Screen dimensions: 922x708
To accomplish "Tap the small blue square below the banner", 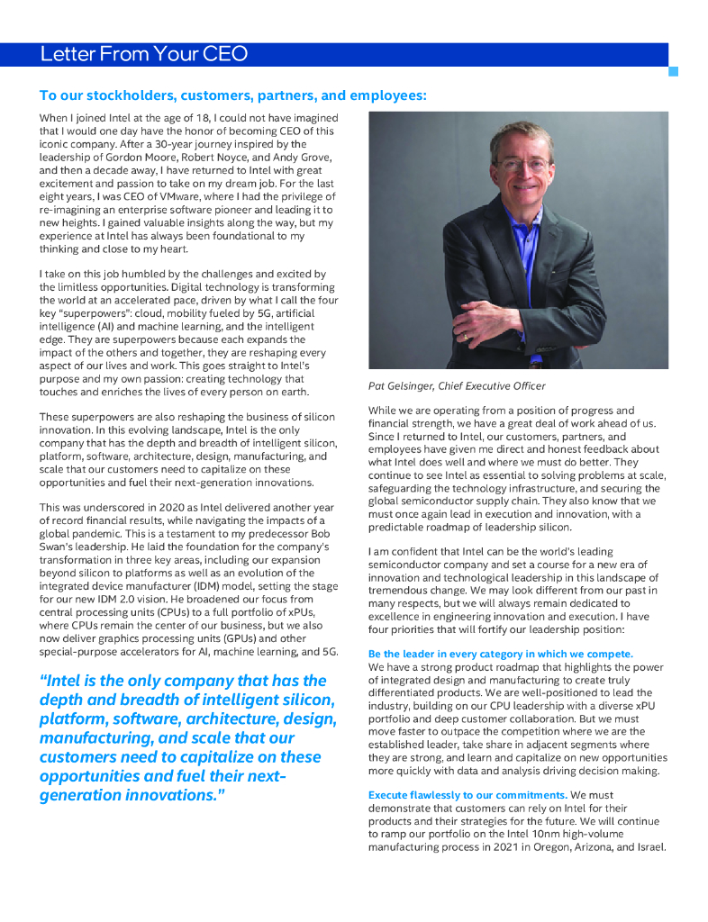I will [x=673, y=71].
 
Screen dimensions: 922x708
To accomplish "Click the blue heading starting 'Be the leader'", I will [x=500, y=654].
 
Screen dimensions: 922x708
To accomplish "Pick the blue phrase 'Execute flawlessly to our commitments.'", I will [x=467, y=795].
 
